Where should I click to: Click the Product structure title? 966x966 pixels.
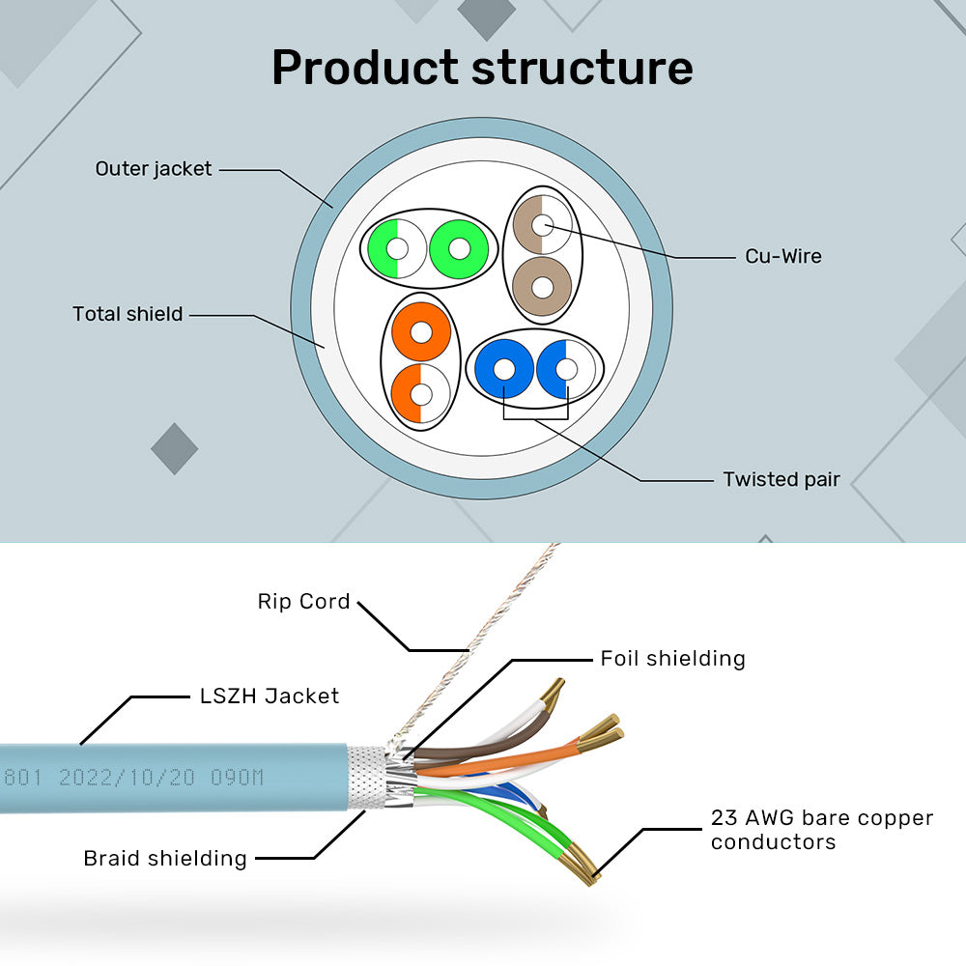tap(482, 68)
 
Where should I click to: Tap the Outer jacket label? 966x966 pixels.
tap(153, 169)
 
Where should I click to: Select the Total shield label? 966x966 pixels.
tap(128, 314)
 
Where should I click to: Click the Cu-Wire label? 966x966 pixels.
tap(782, 256)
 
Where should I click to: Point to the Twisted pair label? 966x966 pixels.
tap(781, 479)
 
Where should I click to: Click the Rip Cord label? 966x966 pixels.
tap(303, 601)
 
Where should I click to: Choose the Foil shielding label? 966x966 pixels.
tap(672, 659)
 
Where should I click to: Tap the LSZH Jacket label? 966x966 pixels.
tap(269, 696)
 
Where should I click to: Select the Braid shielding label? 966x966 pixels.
tap(165, 858)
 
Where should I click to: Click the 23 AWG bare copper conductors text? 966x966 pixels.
tap(821, 830)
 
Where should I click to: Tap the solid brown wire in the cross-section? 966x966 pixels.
tap(542, 286)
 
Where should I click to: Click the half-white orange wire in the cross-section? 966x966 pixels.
tap(421, 394)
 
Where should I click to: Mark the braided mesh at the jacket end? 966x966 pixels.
tap(367, 777)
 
